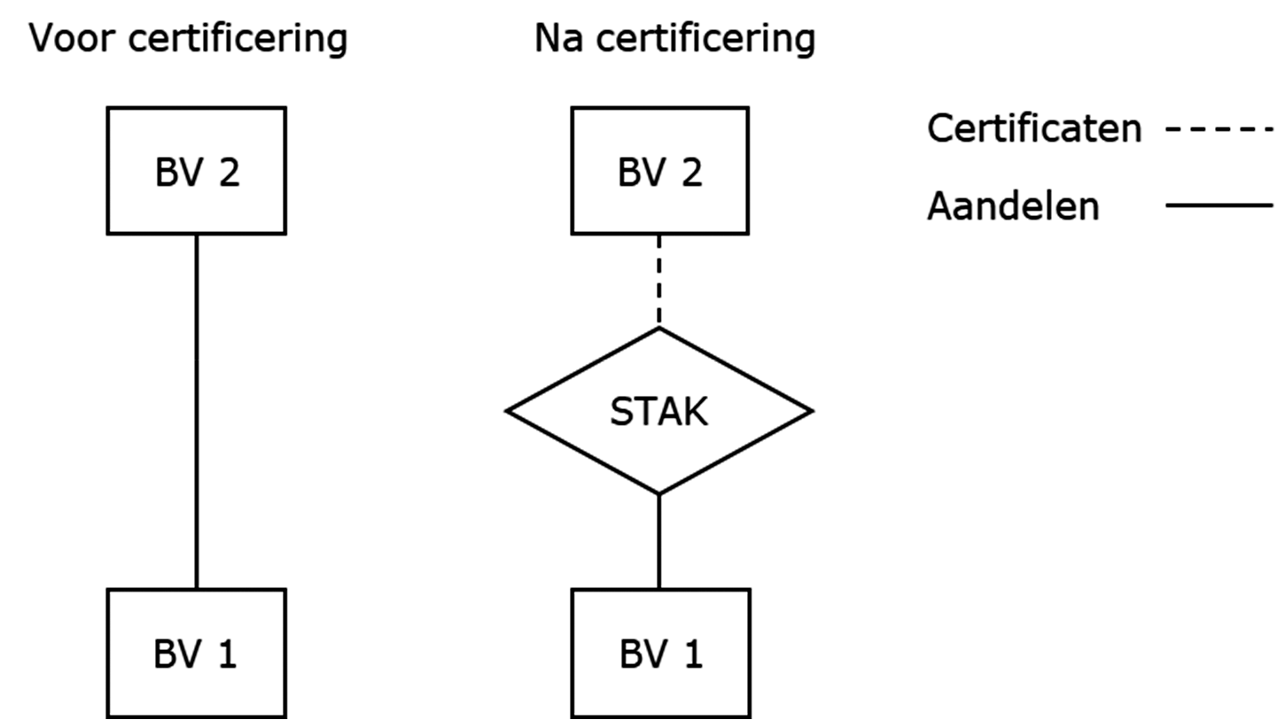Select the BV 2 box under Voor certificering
coord(196,171)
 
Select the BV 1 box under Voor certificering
coord(196,653)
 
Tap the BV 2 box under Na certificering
coord(659,171)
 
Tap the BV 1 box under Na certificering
coord(660,653)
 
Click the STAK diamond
coord(658,411)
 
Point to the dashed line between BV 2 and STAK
coord(658,280)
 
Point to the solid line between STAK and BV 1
coord(658,541)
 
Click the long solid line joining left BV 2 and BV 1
coord(196,411)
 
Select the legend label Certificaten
coord(1033,129)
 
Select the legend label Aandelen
coord(1013,206)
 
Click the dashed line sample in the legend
coord(1219,129)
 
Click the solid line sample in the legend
coord(1219,205)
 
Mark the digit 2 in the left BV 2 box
coord(228,172)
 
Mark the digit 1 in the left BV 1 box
coord(227,654)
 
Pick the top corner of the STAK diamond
coord(658,329)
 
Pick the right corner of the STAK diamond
coord(811,411)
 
